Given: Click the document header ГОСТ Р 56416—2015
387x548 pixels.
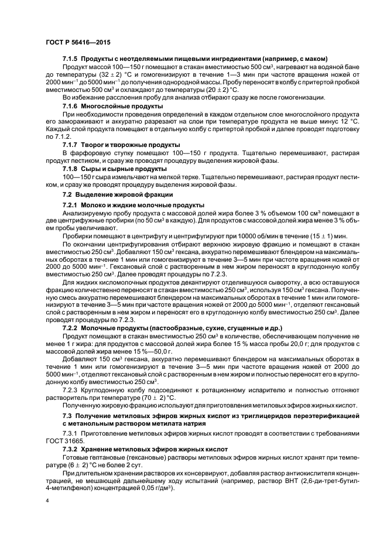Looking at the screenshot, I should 78,43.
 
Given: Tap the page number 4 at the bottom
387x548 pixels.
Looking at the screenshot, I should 47,501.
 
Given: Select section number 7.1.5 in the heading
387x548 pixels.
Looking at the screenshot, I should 70,59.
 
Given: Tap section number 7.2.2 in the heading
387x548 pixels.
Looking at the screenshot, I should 70,328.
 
